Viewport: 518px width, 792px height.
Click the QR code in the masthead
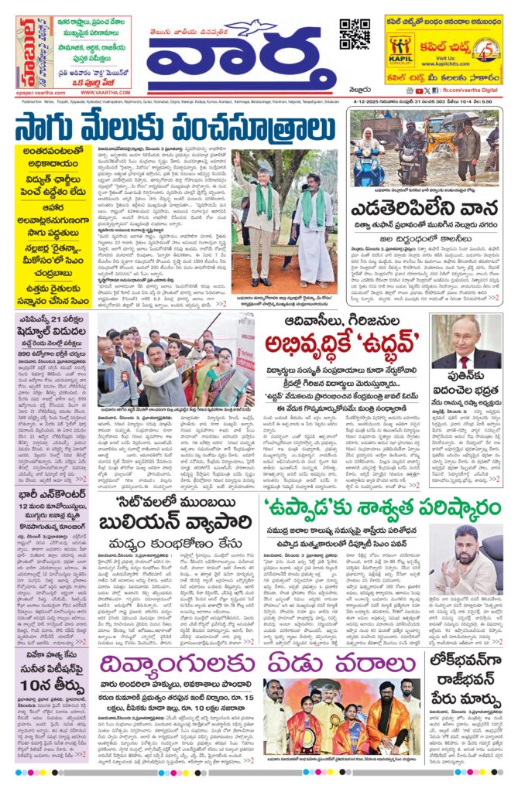click(354, 34)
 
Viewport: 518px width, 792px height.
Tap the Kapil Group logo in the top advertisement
click(401, 48)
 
